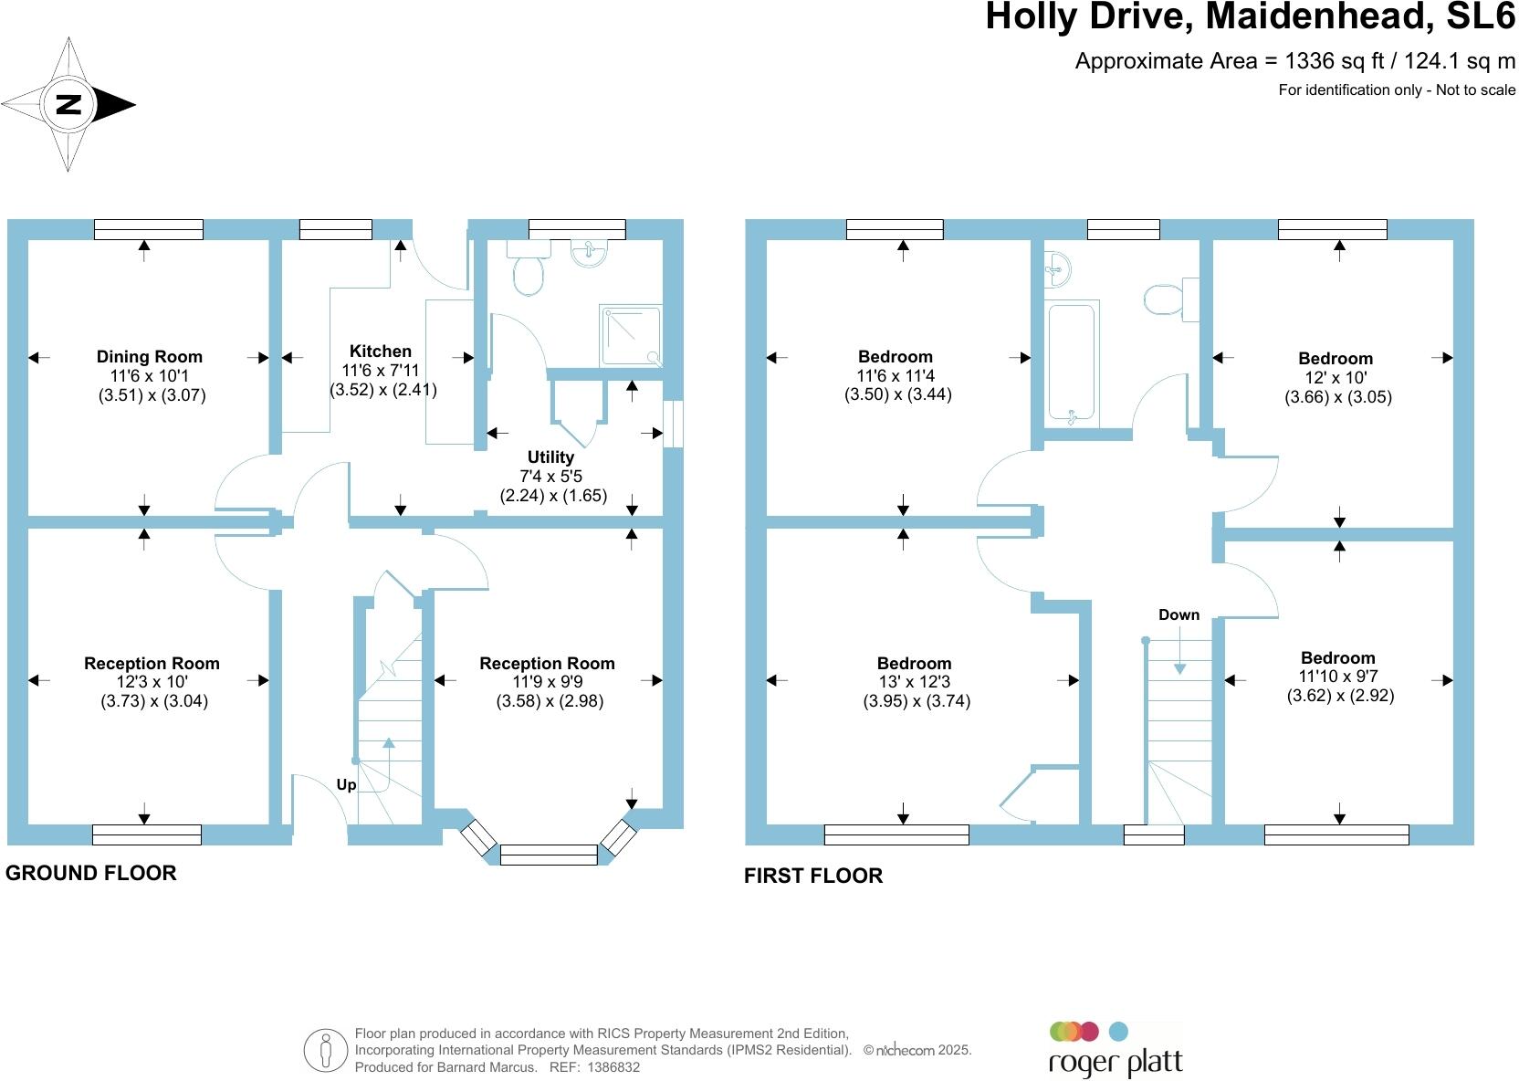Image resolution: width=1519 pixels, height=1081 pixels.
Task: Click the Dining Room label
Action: [x=150, y=357]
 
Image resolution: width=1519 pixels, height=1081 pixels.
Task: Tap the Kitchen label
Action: [x=381, y=352]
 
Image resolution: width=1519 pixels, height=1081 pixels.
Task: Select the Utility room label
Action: [x=550, y=457]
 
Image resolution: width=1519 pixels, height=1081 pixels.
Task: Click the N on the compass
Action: [x=68, y=104]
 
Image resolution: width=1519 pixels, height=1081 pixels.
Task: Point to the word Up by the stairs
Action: [x=346, y=785]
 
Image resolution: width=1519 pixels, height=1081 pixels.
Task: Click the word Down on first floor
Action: [x=1179, y=614]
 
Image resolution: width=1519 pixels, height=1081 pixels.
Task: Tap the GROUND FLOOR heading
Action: [x=91, y=874]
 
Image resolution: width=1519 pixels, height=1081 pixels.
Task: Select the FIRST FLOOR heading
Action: [x=813, y=876]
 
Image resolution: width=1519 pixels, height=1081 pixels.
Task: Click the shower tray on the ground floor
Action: [x=631, y=336]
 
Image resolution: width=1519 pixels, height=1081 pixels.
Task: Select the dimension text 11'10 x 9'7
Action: [x=1339, y=677]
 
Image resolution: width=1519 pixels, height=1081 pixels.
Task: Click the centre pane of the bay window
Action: [x=549, y=855]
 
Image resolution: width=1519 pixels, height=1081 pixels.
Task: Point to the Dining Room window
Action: [x=148, y=229]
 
